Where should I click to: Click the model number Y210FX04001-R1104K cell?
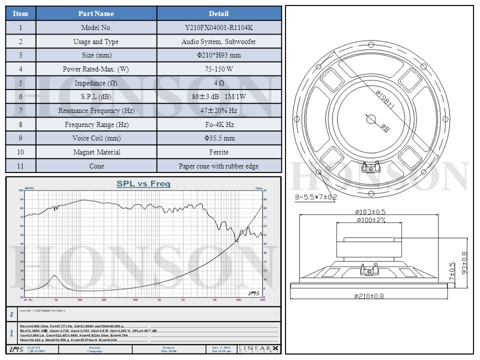tap(218, 28)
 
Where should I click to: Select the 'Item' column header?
tap(20, 13)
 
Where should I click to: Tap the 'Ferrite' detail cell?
tap(218, 152)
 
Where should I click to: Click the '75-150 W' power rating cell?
tap(218, 69)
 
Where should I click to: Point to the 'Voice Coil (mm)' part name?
tap(96, 138)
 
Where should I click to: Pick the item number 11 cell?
tap(20, 166)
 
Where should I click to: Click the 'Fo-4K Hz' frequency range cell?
tap(218, 124)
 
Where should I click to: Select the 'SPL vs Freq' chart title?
tap(143, 184)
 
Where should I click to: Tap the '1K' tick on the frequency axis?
tap(159, 299)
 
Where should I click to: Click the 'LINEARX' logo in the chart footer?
tap(258, 348)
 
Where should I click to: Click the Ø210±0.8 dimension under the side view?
tap(369, 296)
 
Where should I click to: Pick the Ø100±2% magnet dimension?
tap(370, 220)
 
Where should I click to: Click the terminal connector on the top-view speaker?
tap(371, 168)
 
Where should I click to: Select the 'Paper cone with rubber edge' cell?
tap(218, 166)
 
